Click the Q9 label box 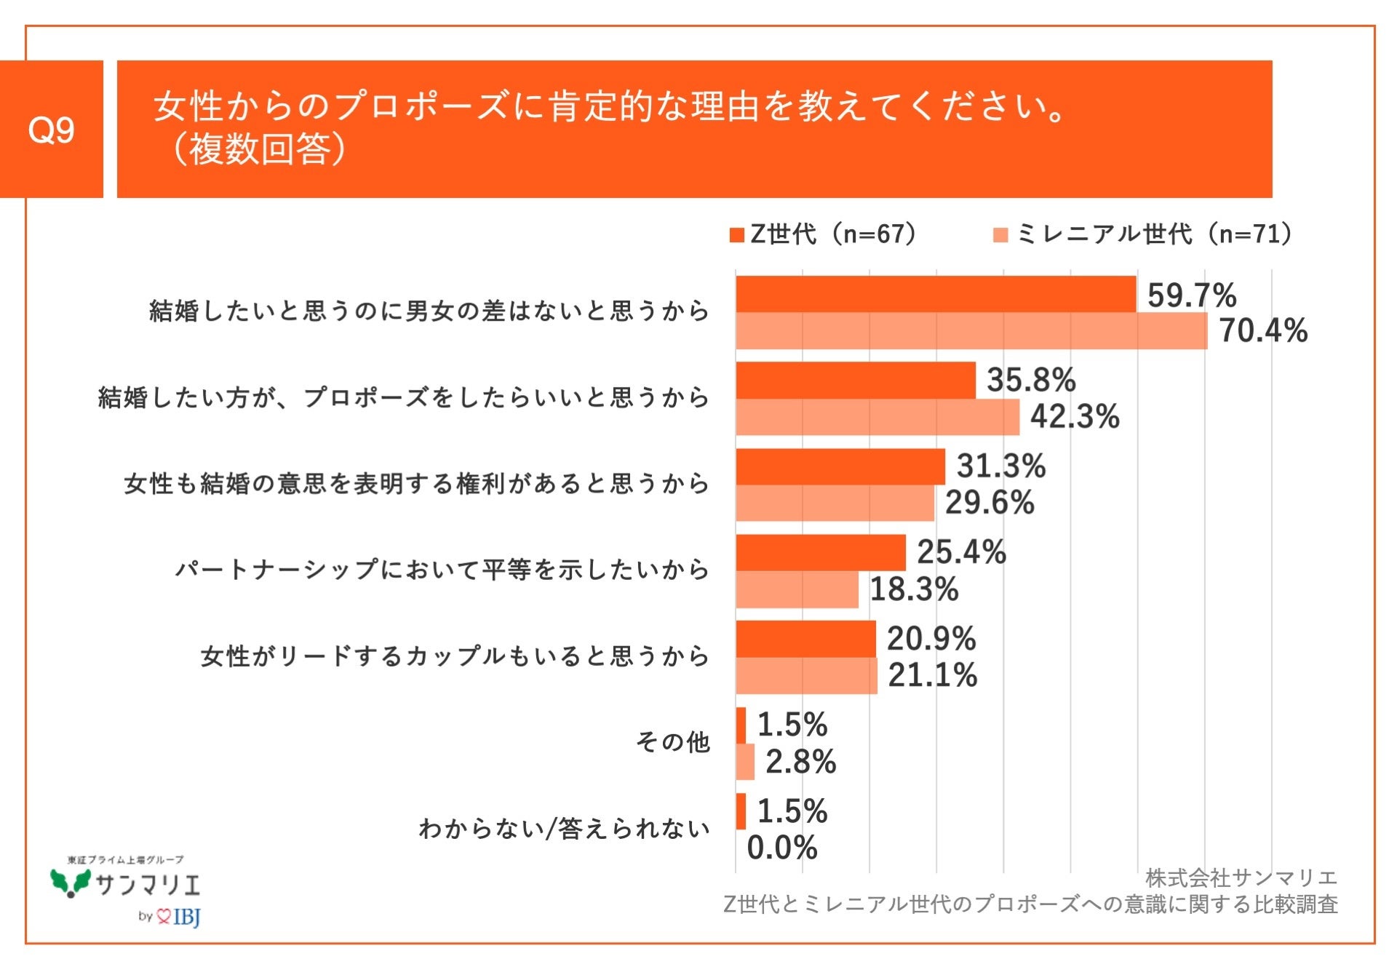click(51, 130)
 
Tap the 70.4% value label click(1263, 331)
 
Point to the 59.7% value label click(1191, 295)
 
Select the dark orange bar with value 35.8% click(855, 381)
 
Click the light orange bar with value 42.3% click(877, 418)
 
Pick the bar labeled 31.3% click(840, 466)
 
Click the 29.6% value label click(989, 503)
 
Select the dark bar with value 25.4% click(820, 553)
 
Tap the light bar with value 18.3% click(797, 589)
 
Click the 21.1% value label click(932, 675)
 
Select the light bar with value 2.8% click(745, 762)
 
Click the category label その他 click(672, 742)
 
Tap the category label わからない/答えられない click(564, 829)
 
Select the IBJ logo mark click(179, 917)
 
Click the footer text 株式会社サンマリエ click(1241, 878)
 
